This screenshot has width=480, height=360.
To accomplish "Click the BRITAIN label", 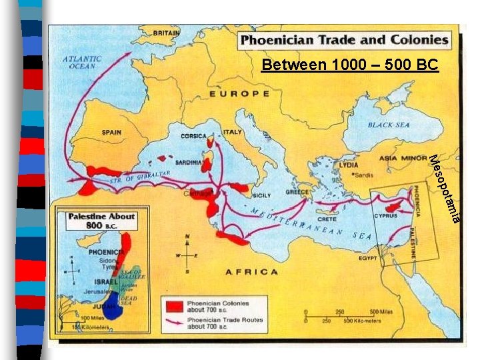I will click(x=166, y=33).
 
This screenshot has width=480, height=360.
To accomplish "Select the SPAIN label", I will click(x=111, y=132).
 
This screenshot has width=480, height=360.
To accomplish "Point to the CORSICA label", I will click(x=193, y=136).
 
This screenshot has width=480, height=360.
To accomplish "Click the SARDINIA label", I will click(x=188, y=162).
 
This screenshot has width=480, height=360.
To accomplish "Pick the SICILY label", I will click(x=261, y=195).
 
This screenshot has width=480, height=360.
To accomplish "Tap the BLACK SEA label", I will click(x=389, y=125).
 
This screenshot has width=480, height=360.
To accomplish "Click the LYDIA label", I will click(x=349, y=164).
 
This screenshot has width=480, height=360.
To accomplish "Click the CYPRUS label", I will click(x=385, y=216).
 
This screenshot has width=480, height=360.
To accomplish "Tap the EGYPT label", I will click(x=368, y=257).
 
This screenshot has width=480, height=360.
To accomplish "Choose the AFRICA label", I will click(x=251, y=271).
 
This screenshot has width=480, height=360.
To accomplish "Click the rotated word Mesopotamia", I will click(x=443, y=189).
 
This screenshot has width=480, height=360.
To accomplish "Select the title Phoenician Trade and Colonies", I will click(x=345, y=39).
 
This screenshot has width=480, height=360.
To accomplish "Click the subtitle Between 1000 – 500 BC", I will click(x=350, y=65).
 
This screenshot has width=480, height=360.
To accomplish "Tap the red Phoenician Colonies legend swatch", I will click(x=175, y=306).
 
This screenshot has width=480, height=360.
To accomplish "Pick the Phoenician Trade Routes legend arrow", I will click(x=175, y=322).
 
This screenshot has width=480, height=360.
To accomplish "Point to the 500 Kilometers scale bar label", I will click(x=363, y=321).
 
